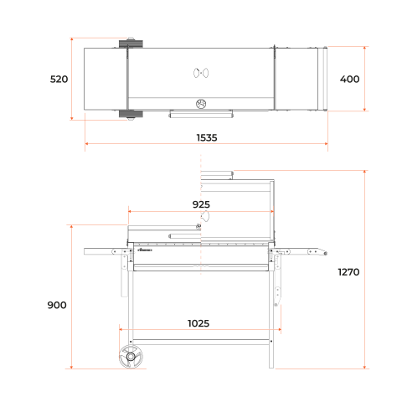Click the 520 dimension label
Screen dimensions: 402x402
(x=59, y=80)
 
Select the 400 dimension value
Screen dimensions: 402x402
(x=349, y=80)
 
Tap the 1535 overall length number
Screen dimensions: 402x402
(x=207, y=137)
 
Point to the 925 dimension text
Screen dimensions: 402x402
(x=201, y=204)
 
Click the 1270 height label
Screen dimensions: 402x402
(x=348, y=272)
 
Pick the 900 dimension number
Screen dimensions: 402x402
(x=57, y=305)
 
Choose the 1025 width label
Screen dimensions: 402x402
(x=198, y=323)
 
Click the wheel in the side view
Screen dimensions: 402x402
(x=131, y=357)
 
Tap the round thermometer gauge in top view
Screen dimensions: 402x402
(x=201, y=104)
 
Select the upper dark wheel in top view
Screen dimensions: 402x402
(x=131, y=44)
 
